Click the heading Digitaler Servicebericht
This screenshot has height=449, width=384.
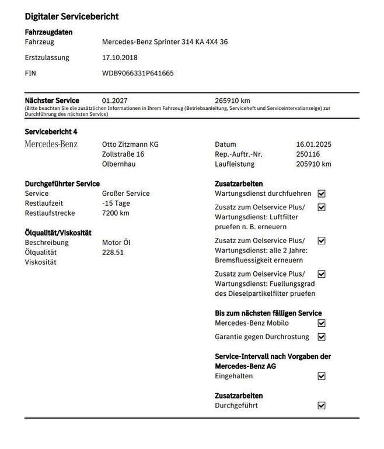pos(72,17)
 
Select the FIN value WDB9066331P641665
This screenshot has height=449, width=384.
pos(138,74)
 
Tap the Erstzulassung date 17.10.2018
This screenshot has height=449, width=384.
pos(120,58)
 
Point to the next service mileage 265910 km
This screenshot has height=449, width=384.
pos(232,101)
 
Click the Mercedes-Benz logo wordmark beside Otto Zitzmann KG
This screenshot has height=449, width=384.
pos(51,144)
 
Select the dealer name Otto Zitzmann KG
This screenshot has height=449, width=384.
pos(130,144)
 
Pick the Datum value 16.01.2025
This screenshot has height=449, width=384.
pos(314,144)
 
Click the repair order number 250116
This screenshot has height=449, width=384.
pos(308,154)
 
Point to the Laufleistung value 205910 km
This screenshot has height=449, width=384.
pos(313,164)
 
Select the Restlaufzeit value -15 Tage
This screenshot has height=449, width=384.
pos(116,203)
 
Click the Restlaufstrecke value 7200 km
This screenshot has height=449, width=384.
pos(116,213)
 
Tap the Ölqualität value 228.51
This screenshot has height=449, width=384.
pos(113,253)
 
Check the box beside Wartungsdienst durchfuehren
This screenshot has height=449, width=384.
pos(322,194)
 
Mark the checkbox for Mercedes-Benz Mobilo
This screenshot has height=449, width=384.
pos(322,323)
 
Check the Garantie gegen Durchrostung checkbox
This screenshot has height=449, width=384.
pos(322,337)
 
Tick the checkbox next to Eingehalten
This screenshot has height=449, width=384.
pos(322,377)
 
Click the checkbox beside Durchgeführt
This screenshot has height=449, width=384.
pos(322,406)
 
